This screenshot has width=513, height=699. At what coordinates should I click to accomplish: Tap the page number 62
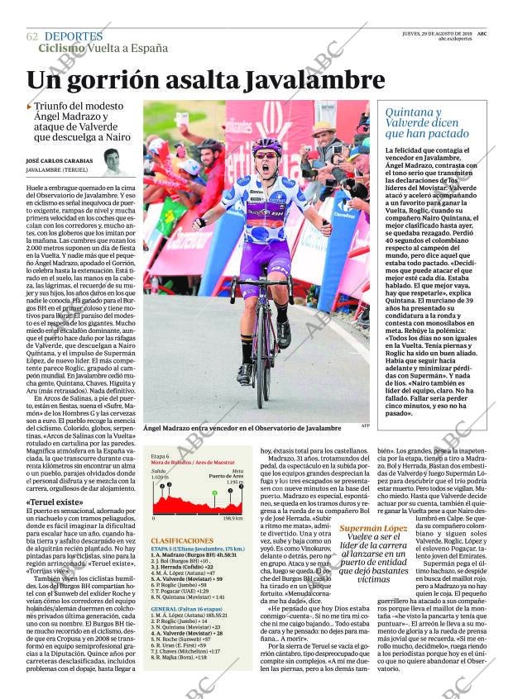32,37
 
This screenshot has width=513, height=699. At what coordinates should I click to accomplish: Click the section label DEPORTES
74,36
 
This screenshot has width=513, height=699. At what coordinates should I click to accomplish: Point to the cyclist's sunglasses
266,155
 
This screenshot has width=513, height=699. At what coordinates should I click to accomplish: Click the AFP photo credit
365,426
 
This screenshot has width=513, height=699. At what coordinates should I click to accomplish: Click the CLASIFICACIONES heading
182,540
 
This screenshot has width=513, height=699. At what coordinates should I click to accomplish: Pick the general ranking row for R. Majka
177,657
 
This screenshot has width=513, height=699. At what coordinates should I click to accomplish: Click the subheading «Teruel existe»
55,502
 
